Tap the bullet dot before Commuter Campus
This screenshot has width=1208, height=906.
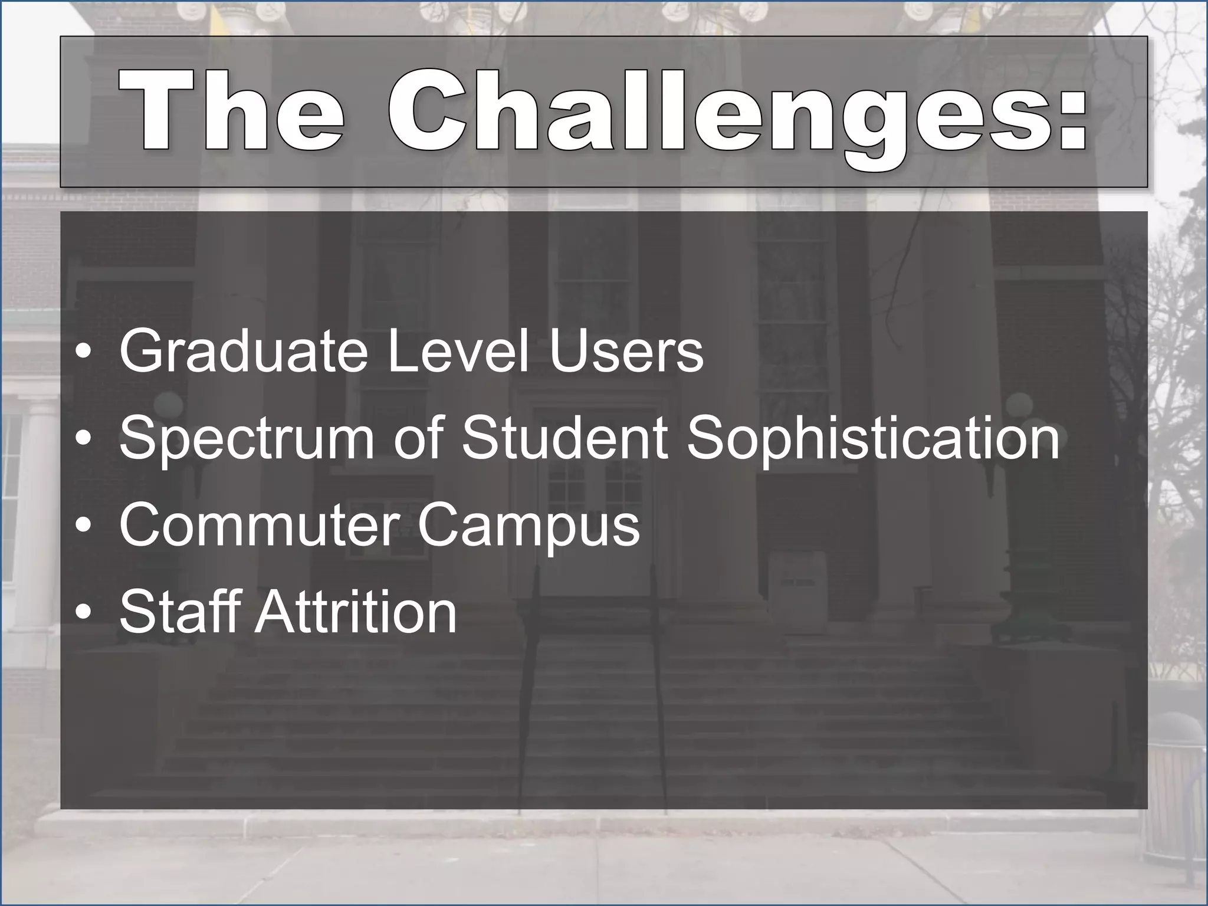point(84,527)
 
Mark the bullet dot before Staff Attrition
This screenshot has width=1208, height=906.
point(84,614)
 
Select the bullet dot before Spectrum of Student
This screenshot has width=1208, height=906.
point(84,441)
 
